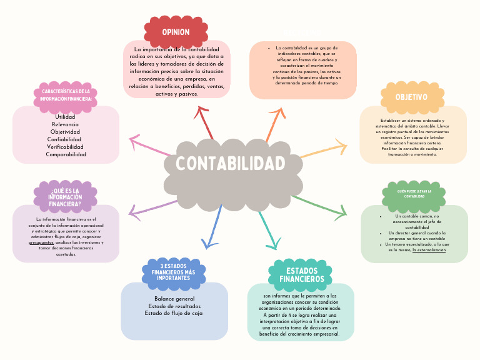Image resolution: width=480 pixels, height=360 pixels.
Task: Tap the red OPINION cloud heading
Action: point(176,32)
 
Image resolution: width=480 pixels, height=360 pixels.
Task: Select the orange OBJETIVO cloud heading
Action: point(411,97)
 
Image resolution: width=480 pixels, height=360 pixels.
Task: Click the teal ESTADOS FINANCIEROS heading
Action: point(302,275)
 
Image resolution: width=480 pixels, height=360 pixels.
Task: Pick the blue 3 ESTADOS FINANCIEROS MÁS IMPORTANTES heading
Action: point(174,272)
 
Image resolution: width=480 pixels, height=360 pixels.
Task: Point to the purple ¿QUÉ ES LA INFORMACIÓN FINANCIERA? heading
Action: point(66,197)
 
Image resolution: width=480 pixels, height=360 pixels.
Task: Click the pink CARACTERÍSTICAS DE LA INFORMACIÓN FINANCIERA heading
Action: point(66,95)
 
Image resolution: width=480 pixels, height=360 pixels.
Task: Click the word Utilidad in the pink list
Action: point(65,117)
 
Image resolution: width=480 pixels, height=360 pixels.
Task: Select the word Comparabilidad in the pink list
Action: point(66,154)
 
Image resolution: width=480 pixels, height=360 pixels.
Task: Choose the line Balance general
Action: point(174,299)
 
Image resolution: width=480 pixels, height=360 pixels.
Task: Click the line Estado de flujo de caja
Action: point(174,314)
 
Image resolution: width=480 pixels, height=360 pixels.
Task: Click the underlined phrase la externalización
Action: point(429,250)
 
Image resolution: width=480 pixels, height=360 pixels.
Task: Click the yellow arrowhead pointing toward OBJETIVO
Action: point(341,147)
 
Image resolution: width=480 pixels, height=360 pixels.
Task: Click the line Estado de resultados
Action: point(174,306)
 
